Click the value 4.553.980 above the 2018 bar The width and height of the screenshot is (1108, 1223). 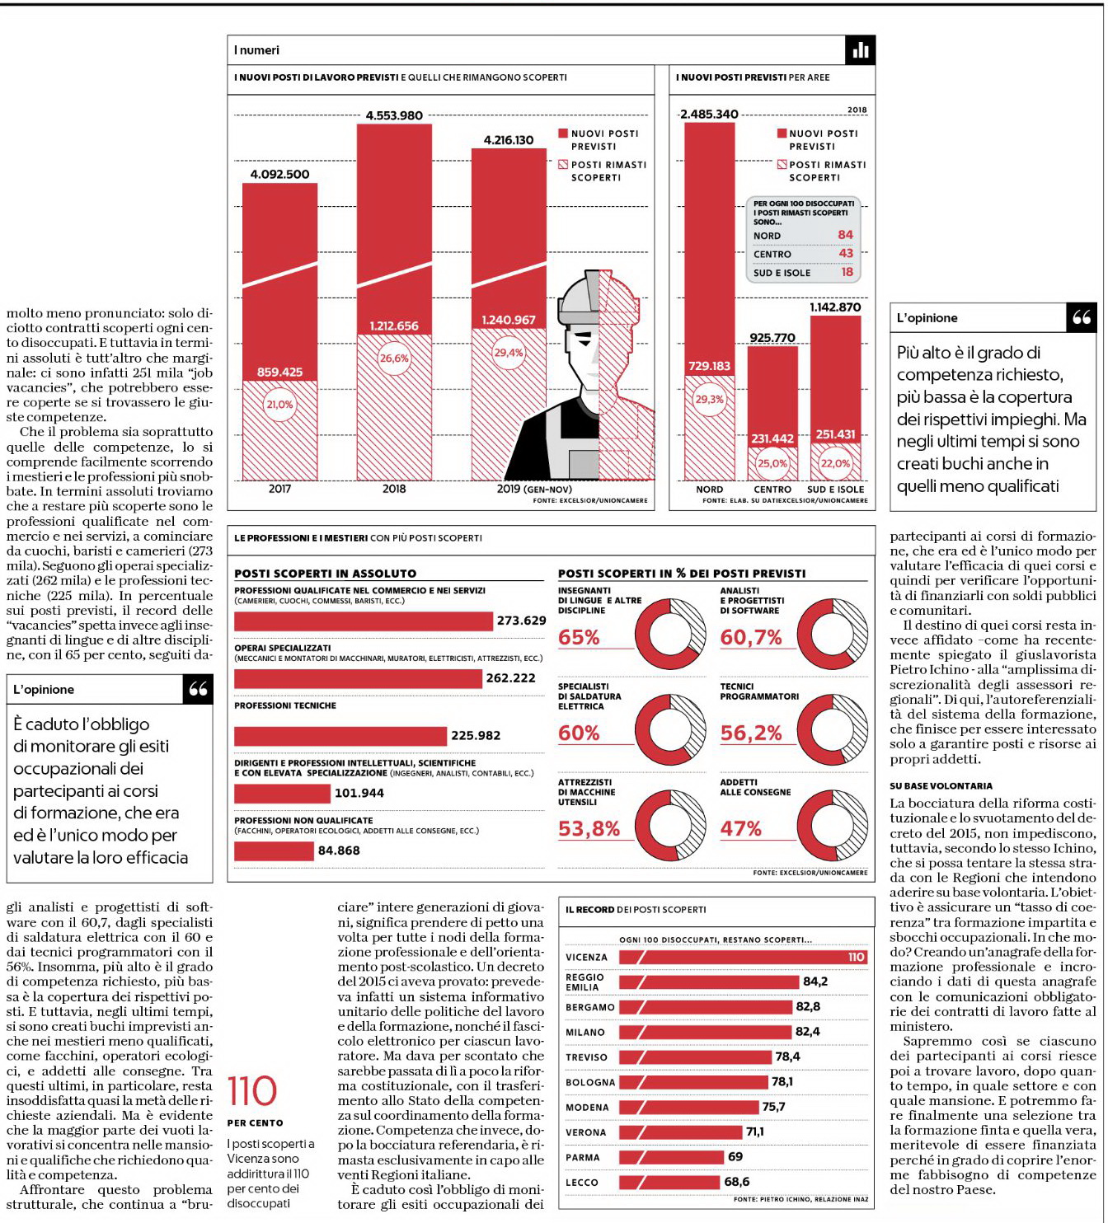[394, 115]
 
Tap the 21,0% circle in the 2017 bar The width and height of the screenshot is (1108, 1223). [280, 404]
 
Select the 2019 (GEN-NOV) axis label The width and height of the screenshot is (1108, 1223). [534, 489]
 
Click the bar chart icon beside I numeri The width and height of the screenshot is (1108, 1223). [861, 50]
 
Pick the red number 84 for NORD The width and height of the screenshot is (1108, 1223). [845, 235]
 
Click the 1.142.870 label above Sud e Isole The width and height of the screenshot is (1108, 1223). [835, 307]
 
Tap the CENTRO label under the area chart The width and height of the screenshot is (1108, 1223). [772, 489]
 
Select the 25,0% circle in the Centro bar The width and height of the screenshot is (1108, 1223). [772, 463]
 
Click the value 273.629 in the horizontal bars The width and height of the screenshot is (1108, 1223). [521, 621]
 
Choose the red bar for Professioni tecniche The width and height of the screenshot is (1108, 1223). [340, 736]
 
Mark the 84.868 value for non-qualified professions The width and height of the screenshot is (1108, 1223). [339, 850]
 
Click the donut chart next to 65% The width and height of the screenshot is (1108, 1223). [670, 634]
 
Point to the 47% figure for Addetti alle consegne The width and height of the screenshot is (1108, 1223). [740, 828]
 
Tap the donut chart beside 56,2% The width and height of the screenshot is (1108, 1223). [832, 729]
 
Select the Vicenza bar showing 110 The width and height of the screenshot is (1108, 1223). [743, 957]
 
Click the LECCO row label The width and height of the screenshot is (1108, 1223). [581, 1182]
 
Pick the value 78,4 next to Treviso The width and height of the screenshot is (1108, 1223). [787, 1057]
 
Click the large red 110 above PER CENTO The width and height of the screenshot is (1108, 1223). [252, 1091]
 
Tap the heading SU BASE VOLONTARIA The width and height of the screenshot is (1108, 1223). [941, 786]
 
